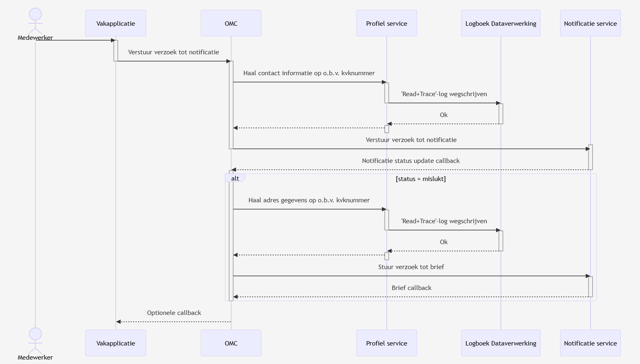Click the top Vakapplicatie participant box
116,23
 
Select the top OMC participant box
231,23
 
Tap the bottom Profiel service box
386,343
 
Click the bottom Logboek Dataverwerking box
501,343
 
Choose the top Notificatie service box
590,23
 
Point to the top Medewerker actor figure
35,20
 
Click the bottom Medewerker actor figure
35,340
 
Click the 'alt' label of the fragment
235,178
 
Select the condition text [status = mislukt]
421,179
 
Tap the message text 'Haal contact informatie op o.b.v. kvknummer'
309,73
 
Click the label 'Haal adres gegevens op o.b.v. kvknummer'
309,200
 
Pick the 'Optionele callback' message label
174,313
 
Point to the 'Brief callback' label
411,288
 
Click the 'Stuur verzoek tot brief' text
411,267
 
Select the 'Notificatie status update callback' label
410,161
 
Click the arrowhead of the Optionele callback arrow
118,322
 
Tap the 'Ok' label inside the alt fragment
443,242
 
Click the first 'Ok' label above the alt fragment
443,115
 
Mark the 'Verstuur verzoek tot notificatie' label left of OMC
173,52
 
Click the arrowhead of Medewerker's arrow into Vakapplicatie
113,40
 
